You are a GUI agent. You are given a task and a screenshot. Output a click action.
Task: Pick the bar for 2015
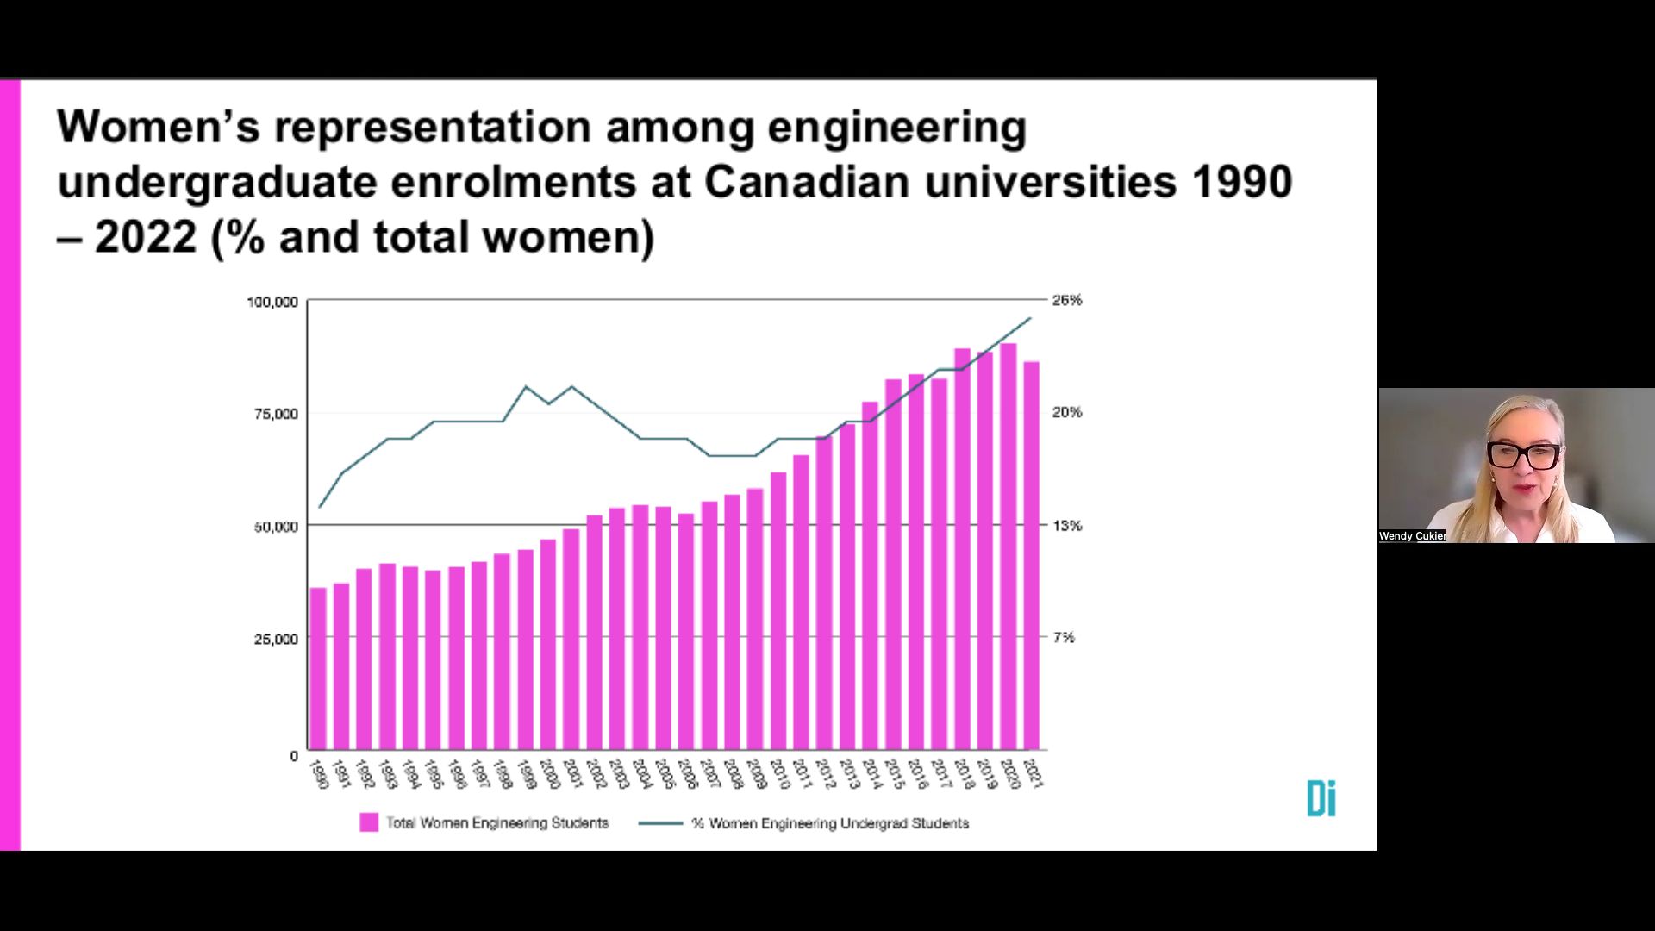(x=893, y=564)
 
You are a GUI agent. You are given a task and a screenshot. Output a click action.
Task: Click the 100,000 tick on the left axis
(x=272, y=303)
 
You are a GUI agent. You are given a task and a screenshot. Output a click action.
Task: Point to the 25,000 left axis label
(x=276, y=639)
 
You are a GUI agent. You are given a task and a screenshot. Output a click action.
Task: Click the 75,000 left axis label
(x=276, y=415)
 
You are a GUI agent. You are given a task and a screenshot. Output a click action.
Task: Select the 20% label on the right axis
(x=1066, y=413)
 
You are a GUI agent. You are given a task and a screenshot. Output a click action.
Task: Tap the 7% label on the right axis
(x=1064, y=637)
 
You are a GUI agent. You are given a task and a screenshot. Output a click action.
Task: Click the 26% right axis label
(x=1066, y=300)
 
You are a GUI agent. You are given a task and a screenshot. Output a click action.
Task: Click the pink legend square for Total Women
(x=369, y=822)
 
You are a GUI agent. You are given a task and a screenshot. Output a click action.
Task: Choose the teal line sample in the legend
(x=660, y=823)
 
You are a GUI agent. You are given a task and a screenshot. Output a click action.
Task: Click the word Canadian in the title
(x=807, y=182)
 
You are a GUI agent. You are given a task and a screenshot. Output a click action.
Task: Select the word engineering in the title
(x=896, y=128)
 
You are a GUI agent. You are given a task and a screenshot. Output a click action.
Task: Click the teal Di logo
(x=1321, y=798)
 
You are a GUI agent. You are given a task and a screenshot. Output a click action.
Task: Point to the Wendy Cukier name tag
(x=1412, y=536)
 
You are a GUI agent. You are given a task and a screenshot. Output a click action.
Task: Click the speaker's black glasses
(x=1523, y=455)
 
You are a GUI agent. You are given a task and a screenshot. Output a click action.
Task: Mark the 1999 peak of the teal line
(x=526, y=387)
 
